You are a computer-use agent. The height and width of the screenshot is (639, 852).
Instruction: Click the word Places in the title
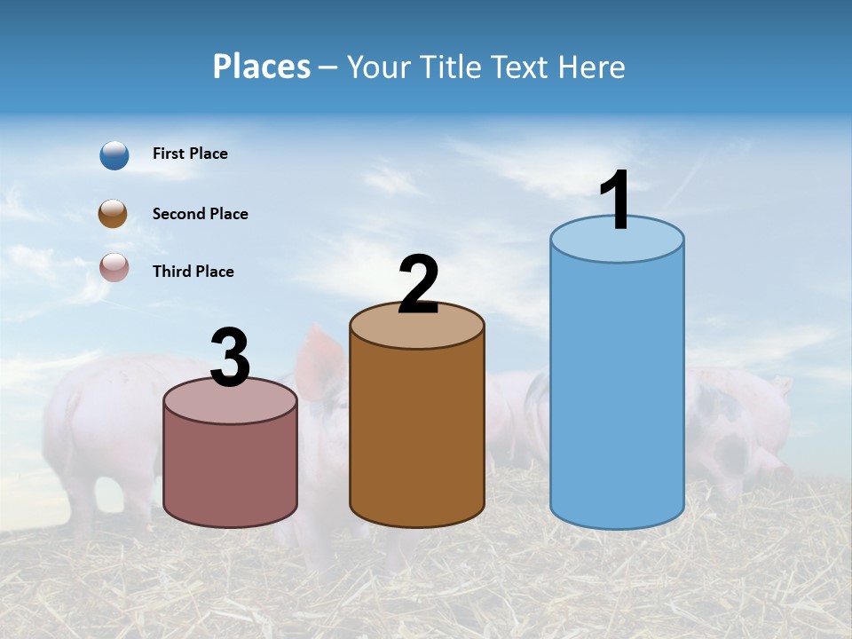tap(262, 67)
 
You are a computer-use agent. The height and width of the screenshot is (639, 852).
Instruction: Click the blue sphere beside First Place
tap(114, 154)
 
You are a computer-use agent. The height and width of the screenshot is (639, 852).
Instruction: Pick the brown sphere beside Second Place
tap(113, 214)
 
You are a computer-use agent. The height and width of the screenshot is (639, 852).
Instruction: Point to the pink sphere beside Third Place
tap(114, 267)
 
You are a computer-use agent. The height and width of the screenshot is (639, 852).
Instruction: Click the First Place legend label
tap(190, 154)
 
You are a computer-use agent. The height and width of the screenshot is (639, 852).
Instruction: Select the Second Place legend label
tap(200, 214)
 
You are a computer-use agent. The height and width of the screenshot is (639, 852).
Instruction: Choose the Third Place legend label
tap(193, 272)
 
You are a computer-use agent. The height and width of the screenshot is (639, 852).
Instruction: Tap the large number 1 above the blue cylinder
tap(616, 201)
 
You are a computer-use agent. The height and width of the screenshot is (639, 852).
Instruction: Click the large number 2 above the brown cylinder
tap(418, 285)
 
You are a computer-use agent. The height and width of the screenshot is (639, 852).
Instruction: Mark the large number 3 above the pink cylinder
tap(231, 358)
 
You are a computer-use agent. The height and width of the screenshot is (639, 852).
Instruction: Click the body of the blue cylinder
tap(617, 390)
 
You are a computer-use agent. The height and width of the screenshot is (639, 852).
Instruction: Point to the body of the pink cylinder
tap(231, 470)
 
